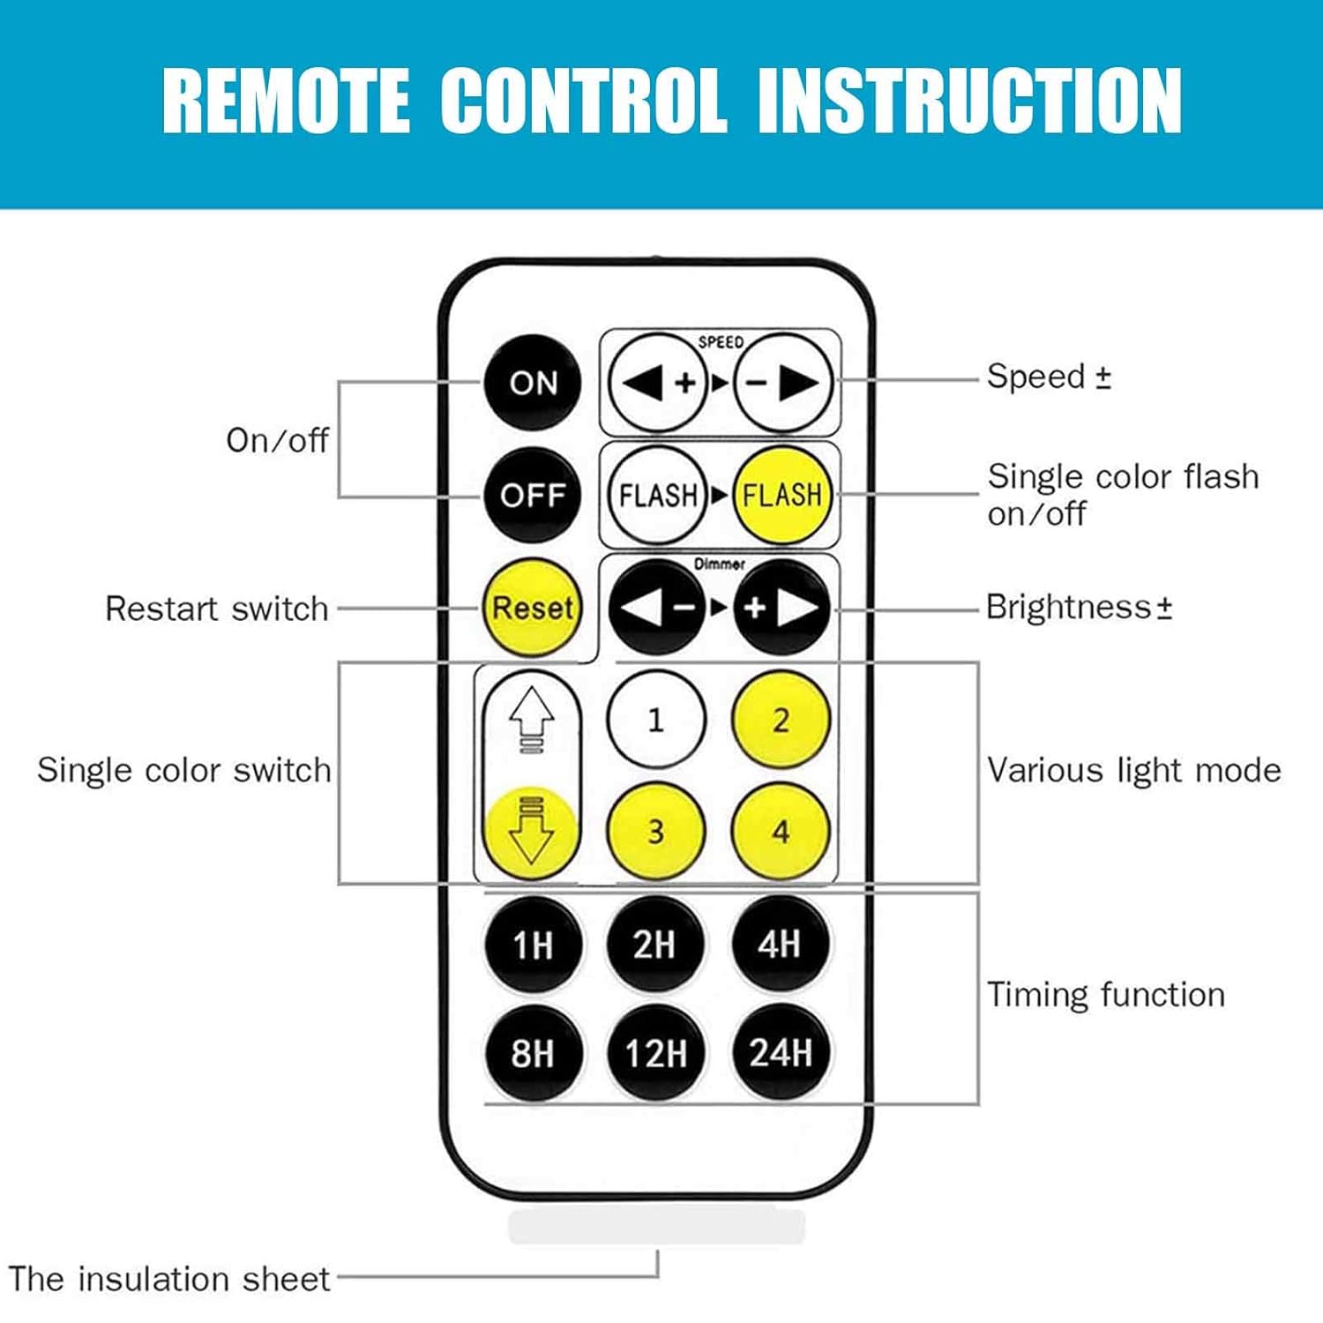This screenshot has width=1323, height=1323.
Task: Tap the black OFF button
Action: point(533,495)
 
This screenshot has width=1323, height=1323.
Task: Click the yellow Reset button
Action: point(532,608)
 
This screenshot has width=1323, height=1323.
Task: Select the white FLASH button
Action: point(658,495)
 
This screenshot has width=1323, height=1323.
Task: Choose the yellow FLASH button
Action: point(781,495)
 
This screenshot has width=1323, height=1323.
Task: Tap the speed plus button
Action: point(658,383)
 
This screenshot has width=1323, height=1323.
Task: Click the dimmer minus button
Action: point(657,607)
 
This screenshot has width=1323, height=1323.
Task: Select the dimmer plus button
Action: point(782,607)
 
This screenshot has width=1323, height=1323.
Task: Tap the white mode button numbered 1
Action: point(656,720)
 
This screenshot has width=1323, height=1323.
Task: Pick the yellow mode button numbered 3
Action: point(656,831)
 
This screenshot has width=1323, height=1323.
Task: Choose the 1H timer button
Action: point(533,945)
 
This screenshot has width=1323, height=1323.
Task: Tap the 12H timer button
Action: point(656,1053)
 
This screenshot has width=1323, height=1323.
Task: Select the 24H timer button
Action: point(781,1053)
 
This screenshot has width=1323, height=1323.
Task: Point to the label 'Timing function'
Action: point(1106,995)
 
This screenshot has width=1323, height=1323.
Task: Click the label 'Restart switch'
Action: point(216,609)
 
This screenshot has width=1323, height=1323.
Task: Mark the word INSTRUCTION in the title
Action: point(969,101)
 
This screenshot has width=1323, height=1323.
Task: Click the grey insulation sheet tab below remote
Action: point(657,1226)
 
